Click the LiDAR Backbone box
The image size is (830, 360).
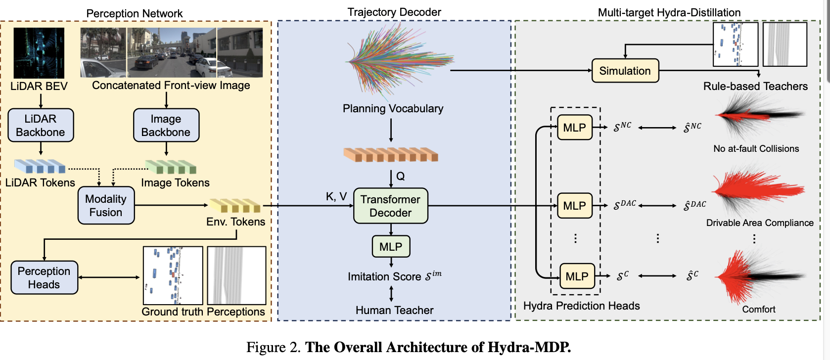pos(41,125)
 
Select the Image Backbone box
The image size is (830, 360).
pos(166,125)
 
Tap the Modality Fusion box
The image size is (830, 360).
pos(106,205)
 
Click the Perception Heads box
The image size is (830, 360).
pos(44,277)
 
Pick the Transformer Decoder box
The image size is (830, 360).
pos(390,206)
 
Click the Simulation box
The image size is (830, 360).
pos(625,71)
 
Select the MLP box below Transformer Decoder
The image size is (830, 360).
pos(391,246)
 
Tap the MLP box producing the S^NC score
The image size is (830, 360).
pos(574,128)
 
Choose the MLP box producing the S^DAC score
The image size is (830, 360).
pos(574,205)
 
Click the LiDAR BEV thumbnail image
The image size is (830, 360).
pos(39,53)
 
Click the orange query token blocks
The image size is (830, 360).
pos(391,155)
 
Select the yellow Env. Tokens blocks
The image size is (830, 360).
pos(235,205)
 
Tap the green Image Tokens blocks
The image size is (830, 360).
pos(171,167)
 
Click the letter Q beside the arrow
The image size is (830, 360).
pos(401,176)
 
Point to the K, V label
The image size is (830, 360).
pos(336,196)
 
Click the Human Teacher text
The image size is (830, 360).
pos(394,310)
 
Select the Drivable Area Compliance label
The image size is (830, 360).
pos(759,223)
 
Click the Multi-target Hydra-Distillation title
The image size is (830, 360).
pos(669,12)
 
